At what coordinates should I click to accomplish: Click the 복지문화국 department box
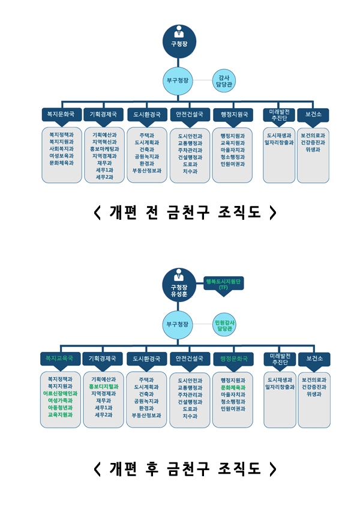tap(62, 114)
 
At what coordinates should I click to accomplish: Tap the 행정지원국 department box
tap(233, 114)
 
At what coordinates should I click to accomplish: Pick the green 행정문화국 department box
tap(233, 358)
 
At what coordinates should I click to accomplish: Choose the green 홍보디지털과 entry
tap(104, 387)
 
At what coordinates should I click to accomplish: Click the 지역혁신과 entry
tap(104, 142)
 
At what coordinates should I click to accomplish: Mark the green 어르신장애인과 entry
tap(61, 393)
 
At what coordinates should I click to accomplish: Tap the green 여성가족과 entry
tap(61, 401)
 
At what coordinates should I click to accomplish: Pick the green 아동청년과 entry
tap(61, 408)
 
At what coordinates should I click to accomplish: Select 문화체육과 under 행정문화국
tap(233, 387)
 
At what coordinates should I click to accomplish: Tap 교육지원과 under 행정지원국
tap(233, 143)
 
